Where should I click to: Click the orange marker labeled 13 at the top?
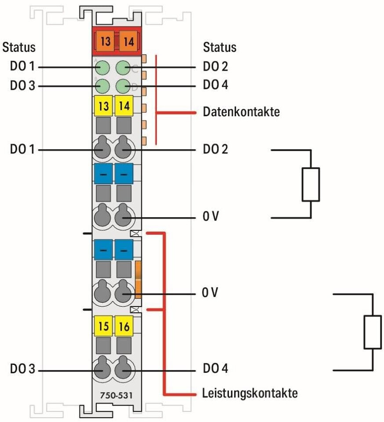[105, 42]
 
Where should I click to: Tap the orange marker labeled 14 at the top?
[128, 42]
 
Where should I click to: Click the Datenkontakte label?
[241, 112]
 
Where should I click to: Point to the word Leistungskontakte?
[250, 393]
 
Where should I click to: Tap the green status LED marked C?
[124, 68]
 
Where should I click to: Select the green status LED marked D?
[124, 86]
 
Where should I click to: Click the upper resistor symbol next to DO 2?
[311, 184]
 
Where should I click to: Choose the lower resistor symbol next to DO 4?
[373, 332]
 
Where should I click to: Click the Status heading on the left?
[19, 47]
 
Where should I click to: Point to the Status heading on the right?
[219, 47]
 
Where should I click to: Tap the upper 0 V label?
[210, 217]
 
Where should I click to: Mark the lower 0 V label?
[210, 293]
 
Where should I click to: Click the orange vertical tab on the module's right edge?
[138, 279]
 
